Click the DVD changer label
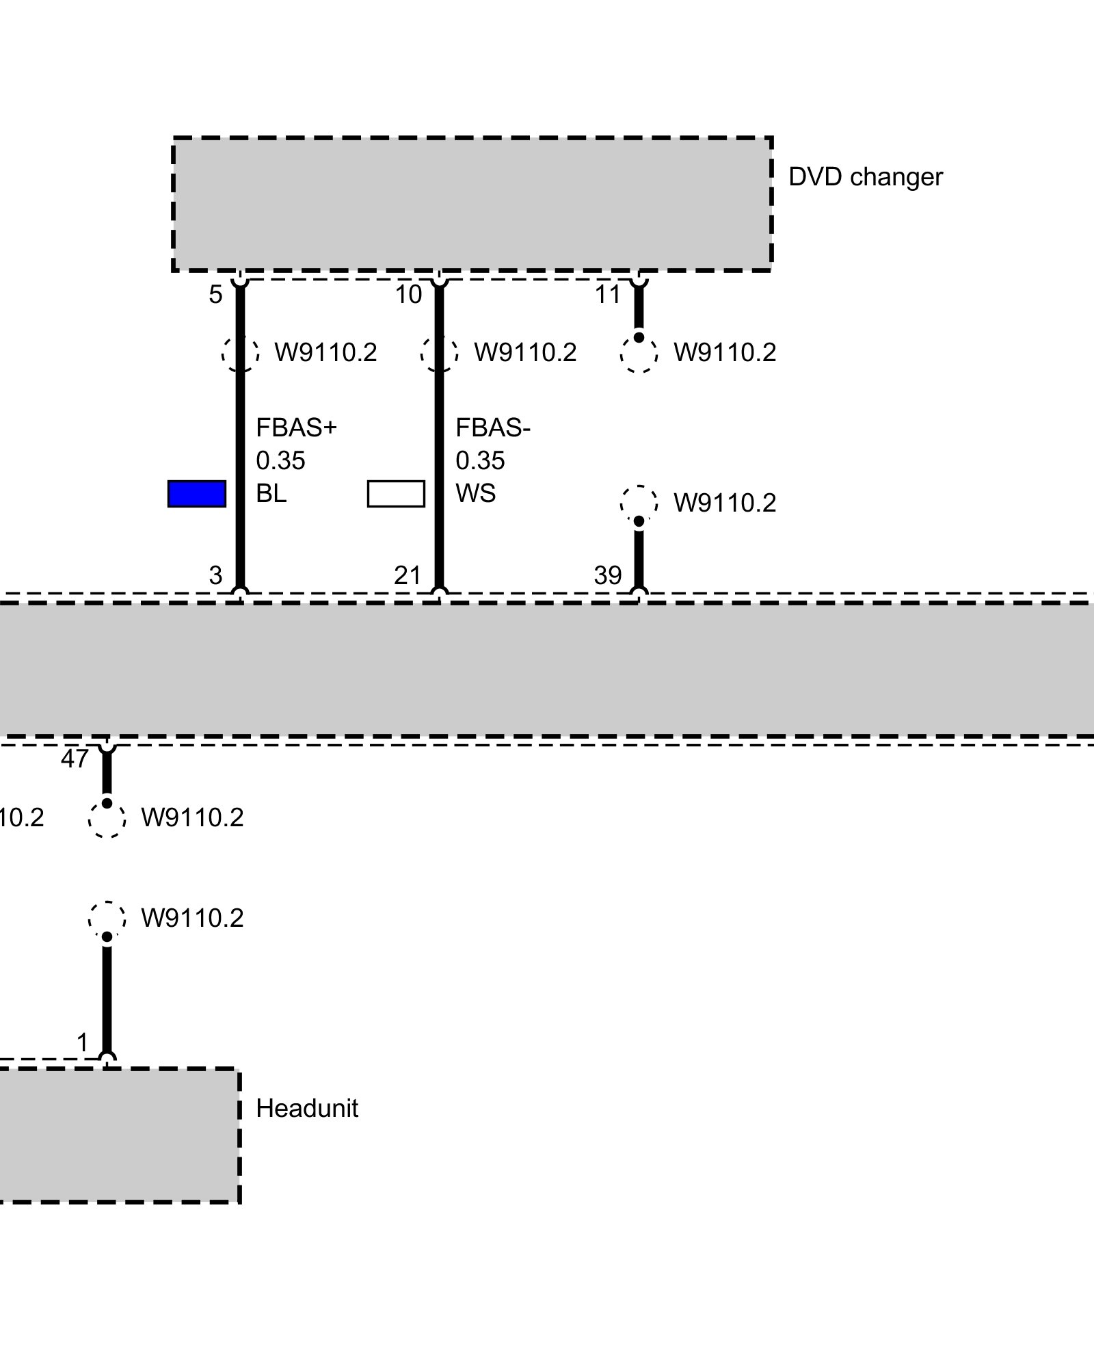(865, 177)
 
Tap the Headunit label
(306, 1109)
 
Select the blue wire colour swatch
(197, 494)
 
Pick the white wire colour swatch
(396, 494)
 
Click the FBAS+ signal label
(296, 428)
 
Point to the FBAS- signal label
(492, 428)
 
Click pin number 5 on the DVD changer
(215, 295)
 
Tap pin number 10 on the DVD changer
(408, 295)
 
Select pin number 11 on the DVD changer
(607, 295)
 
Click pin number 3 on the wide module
(215, 575)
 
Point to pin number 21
(408, 575)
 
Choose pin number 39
(607, 575)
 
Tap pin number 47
(75, 759)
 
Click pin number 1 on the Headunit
(83, 1043)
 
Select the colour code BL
(271, 493)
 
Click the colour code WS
(475, 493)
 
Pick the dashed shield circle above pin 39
(639, 503)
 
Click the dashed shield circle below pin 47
(107, 819)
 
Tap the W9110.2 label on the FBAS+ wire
(325, 353)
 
